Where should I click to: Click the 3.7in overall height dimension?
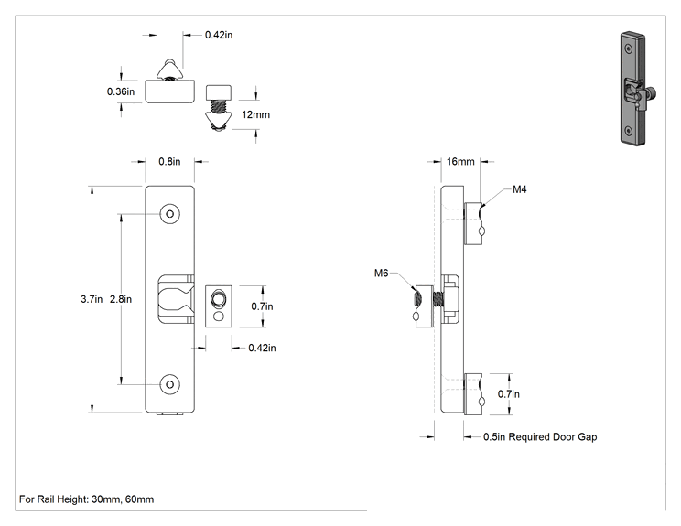tap(92, 299)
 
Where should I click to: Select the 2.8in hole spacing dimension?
tap(121, 299)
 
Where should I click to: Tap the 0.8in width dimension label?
tap(169, 161)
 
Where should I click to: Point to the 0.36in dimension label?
tap(121, 91)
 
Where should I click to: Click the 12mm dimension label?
tap(255, 114)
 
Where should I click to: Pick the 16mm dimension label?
tap(460, 161)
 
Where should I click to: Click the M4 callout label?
tap(519, 189)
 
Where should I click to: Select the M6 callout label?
tap(381, 273)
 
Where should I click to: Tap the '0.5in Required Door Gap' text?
tap(540, 437)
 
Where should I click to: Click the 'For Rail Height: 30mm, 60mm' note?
tap(86, 499)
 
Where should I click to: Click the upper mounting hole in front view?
tap(170, 214)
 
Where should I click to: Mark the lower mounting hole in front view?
tap(170, 384)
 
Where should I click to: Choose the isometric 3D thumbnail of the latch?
tap(638, 88)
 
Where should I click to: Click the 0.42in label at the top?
tap(219, 35)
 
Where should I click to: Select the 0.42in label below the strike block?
tap(262, 348)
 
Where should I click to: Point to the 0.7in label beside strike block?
tap(262, 306)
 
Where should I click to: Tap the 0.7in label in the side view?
tap(509, 394)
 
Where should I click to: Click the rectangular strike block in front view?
tap(219, 306)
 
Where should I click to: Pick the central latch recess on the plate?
tap(176, 299)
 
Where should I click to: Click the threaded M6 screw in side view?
tap(438, 299)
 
